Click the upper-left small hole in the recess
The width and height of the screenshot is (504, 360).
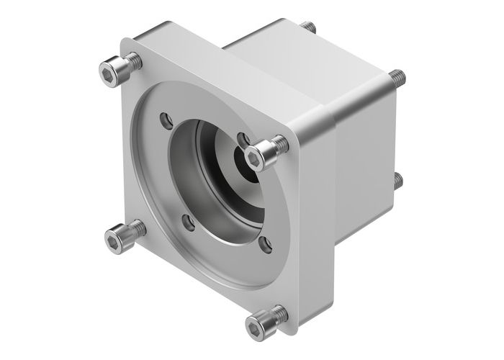click(167, 117)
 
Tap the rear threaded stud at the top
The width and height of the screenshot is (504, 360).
click(311, 27)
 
